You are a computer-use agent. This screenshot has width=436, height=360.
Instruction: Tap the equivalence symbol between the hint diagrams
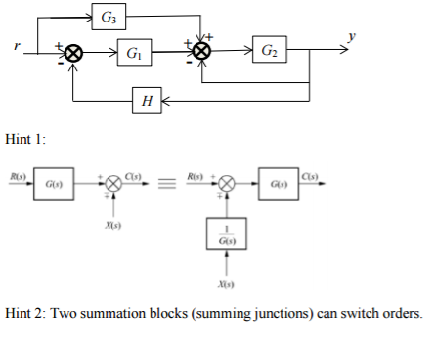click(x=166, y=182)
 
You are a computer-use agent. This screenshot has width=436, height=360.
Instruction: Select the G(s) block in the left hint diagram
click(x=50, y=182)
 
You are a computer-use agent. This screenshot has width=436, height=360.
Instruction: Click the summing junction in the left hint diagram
click(x=115, y=182)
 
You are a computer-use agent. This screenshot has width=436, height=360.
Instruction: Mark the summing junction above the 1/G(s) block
click(x=226, y=182)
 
